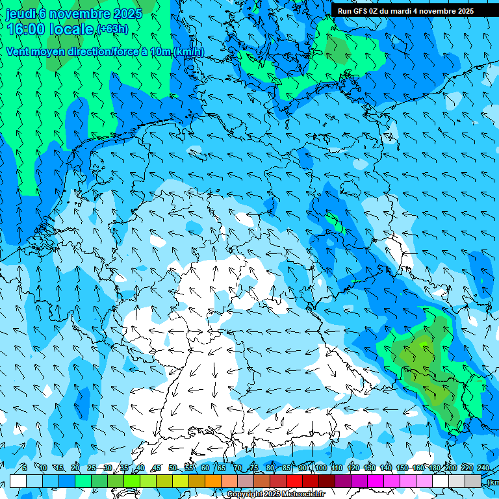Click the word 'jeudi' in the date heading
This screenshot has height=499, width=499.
tap(21, 13)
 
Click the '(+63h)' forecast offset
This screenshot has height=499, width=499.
tap(112, 29)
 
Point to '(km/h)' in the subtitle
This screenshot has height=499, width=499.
tap(188, 51)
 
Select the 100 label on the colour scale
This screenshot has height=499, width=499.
tap(320, 468)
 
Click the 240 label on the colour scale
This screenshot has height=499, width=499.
tap(483, 468)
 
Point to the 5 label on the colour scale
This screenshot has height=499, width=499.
tap(25, 468)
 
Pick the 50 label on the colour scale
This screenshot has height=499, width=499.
tap(173, 468)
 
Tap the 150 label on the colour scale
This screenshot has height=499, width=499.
tap(402, 468)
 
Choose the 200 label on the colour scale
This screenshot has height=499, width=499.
tap(450, 468)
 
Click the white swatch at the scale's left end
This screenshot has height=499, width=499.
tap(18, 481)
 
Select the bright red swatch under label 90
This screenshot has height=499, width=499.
tap(294, 481)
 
